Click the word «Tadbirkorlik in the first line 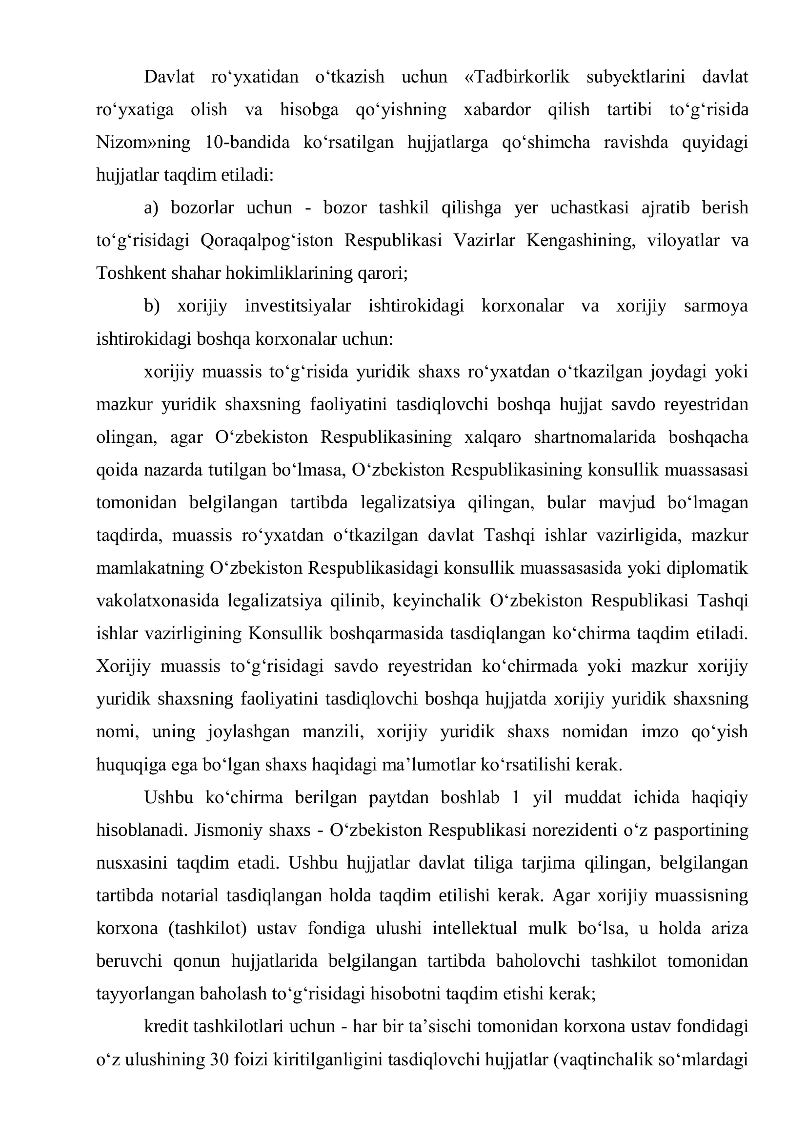tap(517, 77)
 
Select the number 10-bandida tap(247, 143)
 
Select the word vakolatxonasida tap(158, 601)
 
